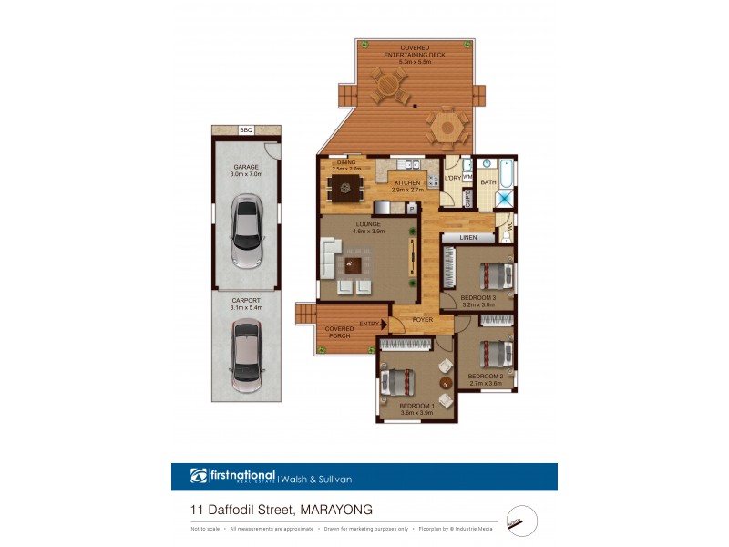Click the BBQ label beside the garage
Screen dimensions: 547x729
point(245,130)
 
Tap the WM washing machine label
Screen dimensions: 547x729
point(467,178)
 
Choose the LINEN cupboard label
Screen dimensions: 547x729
point(468,238)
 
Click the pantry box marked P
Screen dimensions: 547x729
point(411,208)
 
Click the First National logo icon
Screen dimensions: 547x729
point(199,476)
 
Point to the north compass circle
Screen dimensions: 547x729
point(521,521)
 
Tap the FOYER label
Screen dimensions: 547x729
point(422,320)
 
